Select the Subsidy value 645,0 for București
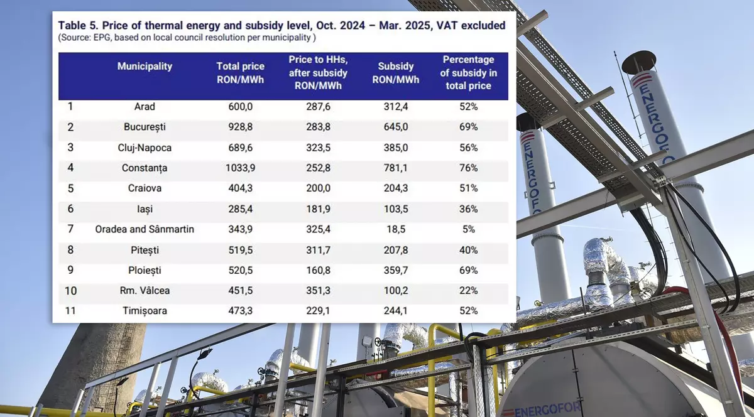(x=395, y=127)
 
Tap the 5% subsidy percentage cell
(x=468, y=230)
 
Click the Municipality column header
(x=145, y=67)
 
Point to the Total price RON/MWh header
(x=240, y=73)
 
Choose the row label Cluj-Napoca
(x=145, y=148)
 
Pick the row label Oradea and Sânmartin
(x=145, y=230)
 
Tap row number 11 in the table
(x=70, y=311)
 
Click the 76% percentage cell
(x=468, y=168)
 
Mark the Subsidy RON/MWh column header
(x=395, y=73)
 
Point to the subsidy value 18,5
(x=395, y=230)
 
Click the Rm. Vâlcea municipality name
(x=145, y=291)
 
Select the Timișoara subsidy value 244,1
(x=395, y=311)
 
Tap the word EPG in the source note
(x=104, y=38)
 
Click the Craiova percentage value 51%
(x=468, y=189)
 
